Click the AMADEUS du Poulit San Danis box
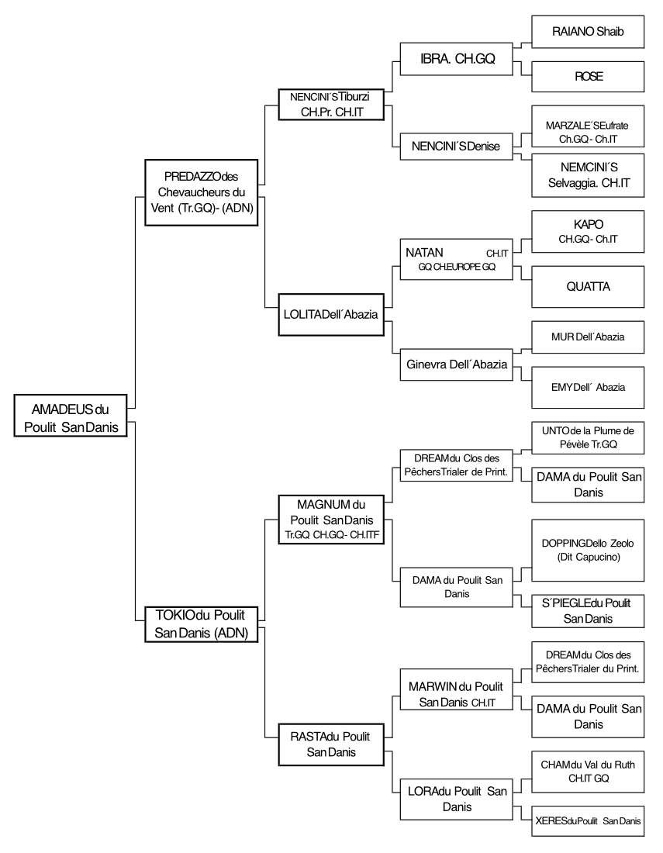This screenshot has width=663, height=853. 71,416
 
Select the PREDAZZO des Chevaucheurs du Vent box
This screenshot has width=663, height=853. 202,192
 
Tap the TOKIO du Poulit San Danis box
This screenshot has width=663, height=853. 202,624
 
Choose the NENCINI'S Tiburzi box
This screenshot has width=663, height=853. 331,105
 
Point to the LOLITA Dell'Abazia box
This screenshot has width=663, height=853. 331,314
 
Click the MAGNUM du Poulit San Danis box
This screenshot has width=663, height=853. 331,520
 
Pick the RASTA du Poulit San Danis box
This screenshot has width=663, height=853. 331,744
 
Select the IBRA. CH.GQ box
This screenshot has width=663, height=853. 457,59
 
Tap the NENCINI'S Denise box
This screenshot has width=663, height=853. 457,147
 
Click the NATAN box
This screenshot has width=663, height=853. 457,260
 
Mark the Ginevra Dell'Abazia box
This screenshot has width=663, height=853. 457,364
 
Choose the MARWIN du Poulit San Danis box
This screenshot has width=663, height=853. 457,689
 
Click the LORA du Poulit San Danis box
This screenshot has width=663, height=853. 457,799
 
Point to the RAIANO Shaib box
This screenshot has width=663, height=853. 588,32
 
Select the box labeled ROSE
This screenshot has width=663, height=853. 588,77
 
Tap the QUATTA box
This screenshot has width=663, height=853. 588,287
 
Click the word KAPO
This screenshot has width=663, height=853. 588,224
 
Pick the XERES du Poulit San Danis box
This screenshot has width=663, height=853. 588,821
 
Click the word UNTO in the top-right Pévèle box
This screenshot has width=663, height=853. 554,431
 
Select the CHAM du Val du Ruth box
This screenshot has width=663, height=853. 588,772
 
